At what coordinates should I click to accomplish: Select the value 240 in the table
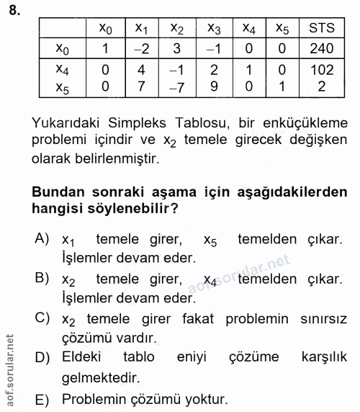(321, 48)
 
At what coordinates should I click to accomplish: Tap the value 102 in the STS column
(321, 70)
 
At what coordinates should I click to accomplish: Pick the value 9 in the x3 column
(214, 86)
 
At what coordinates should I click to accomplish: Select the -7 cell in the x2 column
(177, 86)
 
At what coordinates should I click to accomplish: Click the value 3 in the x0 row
(177, 48)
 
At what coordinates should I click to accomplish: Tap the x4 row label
(63, 70)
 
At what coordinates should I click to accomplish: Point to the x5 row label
(63, 86)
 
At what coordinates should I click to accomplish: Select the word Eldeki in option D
(81, 357)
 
